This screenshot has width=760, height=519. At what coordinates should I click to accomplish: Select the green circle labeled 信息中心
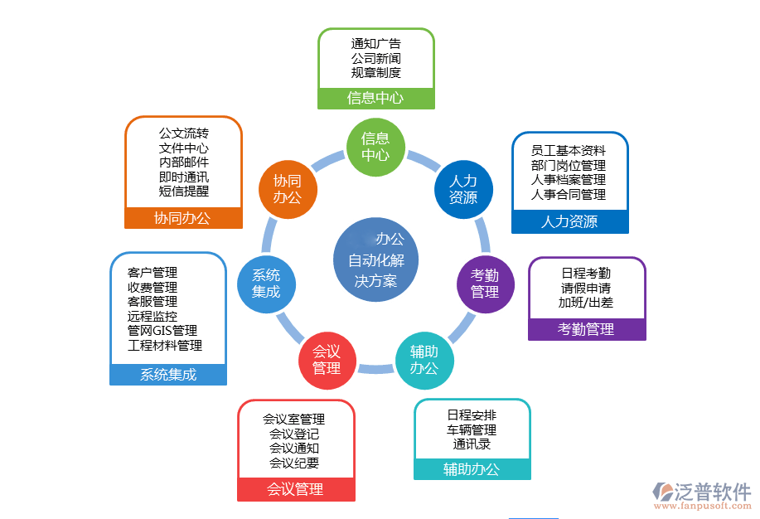[x=375, y=148]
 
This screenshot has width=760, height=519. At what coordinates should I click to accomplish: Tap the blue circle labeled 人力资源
[x=463, y=190]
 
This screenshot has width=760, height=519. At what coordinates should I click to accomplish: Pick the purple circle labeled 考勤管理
[x=486, y=284]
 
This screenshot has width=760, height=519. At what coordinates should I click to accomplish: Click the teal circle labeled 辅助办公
[x=424, y=360]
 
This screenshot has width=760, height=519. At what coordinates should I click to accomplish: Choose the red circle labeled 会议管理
[x=327, y=360]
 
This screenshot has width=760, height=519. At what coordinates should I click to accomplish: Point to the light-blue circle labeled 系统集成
[x=266, y=284]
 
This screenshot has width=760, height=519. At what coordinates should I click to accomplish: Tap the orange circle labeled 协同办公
[x=288, y=189]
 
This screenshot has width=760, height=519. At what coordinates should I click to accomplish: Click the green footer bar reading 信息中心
[x=375, y=98]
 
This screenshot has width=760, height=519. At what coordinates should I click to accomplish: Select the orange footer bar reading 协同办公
[x=182, y=218]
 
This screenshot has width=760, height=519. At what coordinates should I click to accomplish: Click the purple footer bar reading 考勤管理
[x=586, y=329]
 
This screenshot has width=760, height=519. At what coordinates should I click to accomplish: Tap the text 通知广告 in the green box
[x=375, y=44]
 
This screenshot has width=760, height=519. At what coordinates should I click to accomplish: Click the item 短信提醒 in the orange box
[x=183, y=192]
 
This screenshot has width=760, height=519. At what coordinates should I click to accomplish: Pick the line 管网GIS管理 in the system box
[x=162, y=331]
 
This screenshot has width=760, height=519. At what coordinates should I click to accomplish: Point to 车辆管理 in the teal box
[x=471, y=429]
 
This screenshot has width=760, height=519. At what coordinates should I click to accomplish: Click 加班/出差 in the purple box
[x=586, y=303]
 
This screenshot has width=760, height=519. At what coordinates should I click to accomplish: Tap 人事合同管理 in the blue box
[x=569, y=195]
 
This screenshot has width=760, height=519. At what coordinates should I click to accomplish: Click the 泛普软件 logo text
[x=710, y=489]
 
